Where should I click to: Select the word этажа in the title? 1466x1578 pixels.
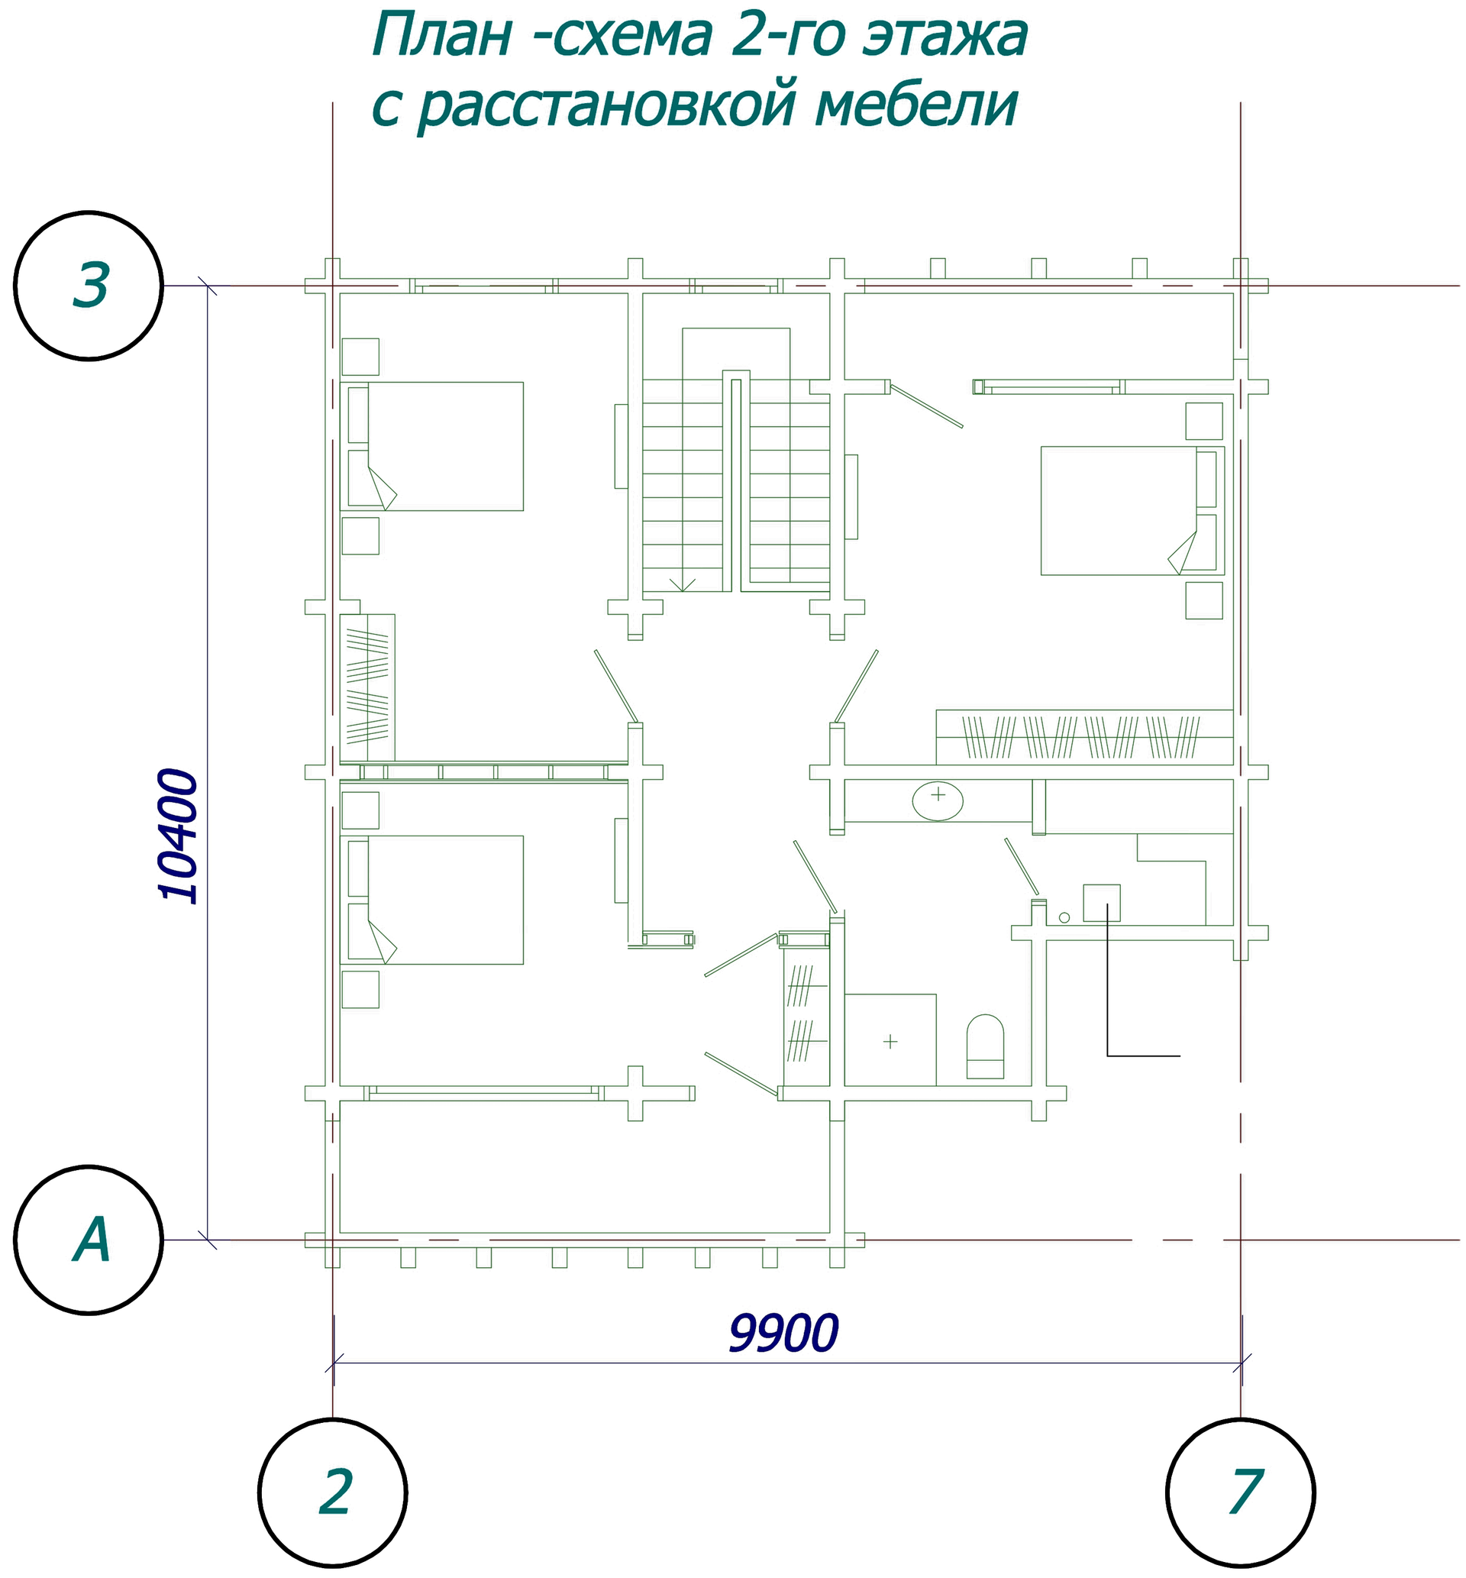point(945,36)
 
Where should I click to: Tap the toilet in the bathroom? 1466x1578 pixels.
point(985,1046)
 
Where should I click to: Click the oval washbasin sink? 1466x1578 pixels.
point(938,800)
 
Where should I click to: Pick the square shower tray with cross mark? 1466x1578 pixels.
point(890,1040)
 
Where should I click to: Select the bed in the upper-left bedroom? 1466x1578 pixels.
point(432,446)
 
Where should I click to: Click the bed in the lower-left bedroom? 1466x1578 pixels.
point(432,900)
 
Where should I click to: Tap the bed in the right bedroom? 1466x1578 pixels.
point(1133,511)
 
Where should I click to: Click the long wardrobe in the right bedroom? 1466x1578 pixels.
point(1084,737)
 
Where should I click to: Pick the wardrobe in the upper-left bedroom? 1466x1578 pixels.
point(367,688)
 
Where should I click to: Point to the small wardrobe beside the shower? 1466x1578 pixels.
point(806,1017)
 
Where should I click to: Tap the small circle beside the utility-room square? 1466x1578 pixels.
point(1064,918)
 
